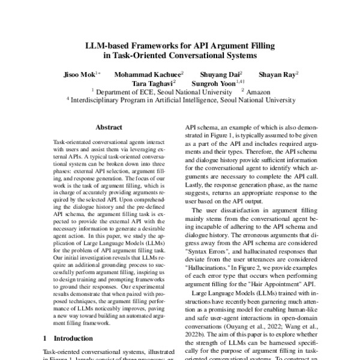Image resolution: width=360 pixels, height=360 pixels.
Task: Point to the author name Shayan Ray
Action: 278,74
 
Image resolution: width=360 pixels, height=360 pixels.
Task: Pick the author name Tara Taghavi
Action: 151,84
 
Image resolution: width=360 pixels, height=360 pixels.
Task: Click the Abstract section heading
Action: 109,127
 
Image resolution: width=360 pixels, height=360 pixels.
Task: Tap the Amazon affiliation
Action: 259,92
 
